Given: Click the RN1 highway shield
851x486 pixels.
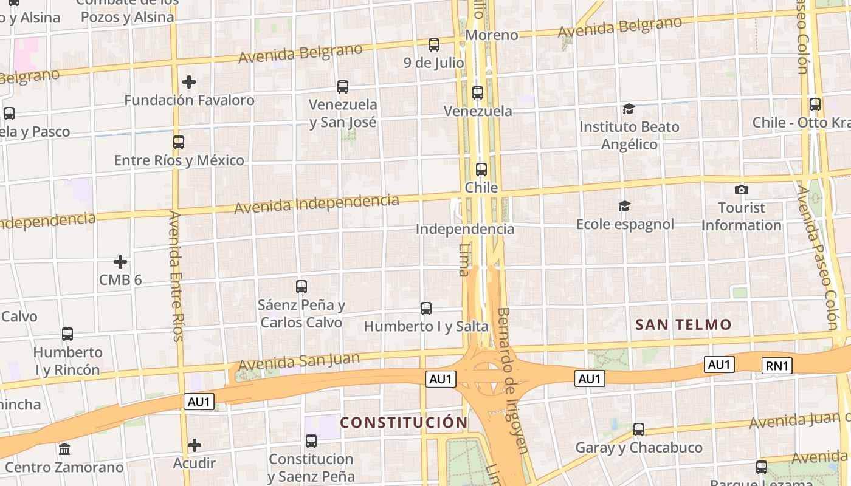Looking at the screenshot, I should pos(777,366).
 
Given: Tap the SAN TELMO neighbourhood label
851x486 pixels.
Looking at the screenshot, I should pos(683,324).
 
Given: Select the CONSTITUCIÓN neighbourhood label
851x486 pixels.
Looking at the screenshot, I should pos(404,422).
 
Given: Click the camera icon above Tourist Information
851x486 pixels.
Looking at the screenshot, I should pos(741,190).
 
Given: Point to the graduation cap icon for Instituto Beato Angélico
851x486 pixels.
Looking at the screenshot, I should pos(629,109).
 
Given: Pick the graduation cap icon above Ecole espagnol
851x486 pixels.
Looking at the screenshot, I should pos(624,207).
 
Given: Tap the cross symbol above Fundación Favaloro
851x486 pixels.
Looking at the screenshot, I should pos(189,82).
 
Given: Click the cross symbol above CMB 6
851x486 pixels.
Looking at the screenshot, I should pos(120,262).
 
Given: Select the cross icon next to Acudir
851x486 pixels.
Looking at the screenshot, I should pos(195,445).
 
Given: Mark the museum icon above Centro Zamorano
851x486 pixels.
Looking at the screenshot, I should pos(64,450).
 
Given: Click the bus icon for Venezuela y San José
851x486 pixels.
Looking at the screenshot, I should pos(343,87).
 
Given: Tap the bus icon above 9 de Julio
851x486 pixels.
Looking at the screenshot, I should pos(434,44).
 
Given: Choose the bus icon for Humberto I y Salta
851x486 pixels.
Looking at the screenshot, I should pos(426,309).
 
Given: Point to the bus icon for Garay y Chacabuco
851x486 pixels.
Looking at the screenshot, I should pos(639,430).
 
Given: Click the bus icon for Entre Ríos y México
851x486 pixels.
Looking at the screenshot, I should pos(179,142).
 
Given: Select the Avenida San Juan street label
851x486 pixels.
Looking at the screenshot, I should pos(299,362).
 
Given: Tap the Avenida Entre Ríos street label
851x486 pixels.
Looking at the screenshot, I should pos(176,276).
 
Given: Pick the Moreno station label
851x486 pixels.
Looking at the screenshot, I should pos(492,35).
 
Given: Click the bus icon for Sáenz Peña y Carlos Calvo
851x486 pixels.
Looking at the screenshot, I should pos(301,287).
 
